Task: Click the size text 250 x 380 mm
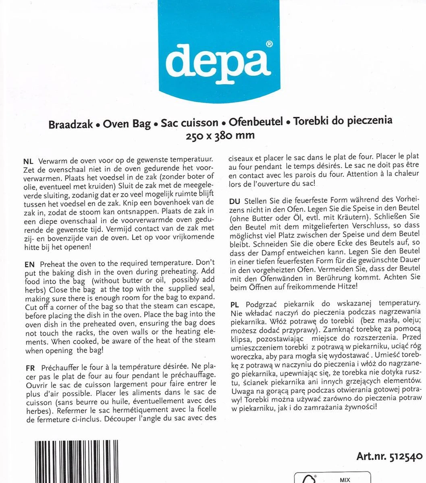click(220, 135)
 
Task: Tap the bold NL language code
click(29, 160)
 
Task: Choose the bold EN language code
click(29, 264)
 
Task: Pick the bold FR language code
click(29, 368)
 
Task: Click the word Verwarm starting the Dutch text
click(52, 160)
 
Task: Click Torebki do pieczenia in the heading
click(343, 121)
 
